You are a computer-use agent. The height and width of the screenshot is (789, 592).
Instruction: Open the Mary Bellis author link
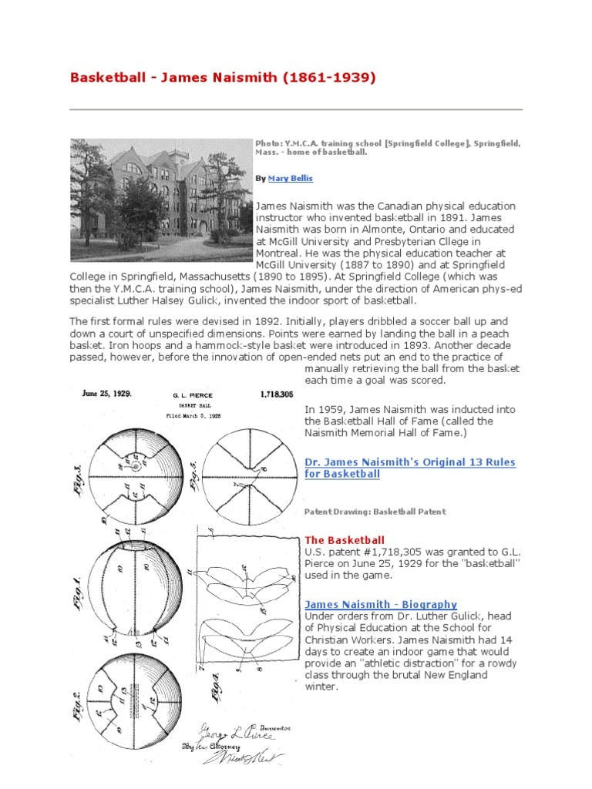pyautogui.click(x=291, y=179)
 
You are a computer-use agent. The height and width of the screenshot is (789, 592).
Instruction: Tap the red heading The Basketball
pyautogui.click(x=345, y=540)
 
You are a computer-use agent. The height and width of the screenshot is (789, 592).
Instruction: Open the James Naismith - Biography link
pyautogui.click(x=381, y=605)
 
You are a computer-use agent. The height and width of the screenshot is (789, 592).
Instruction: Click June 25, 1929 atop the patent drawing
pyautogui.click(x=107, y=393)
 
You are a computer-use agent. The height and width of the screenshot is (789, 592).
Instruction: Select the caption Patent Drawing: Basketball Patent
pyautogui.click(x=375, y=512)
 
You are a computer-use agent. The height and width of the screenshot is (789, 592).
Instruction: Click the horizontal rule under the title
pyautogui.click(x=296, y=109)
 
